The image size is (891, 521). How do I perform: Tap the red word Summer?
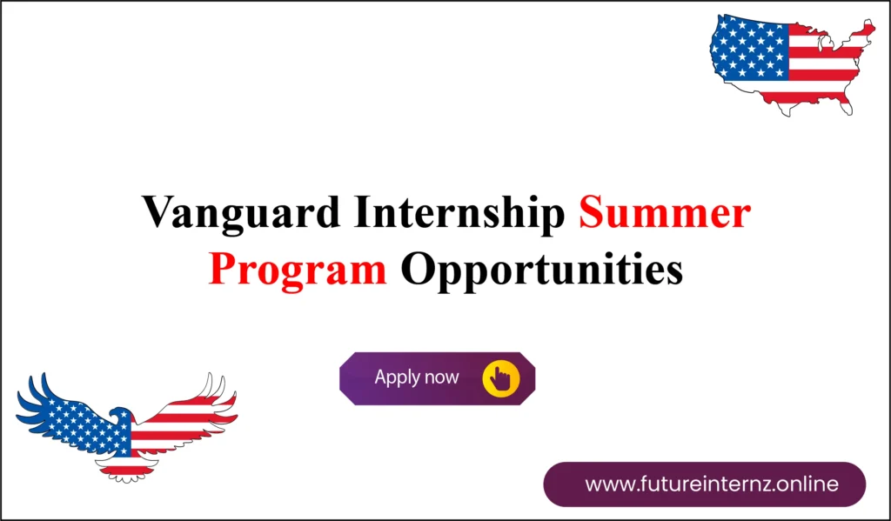point(664,214)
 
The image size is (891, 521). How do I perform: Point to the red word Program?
point(298,270)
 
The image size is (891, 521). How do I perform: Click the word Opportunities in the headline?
point(541,270)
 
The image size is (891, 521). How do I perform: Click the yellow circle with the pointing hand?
point(500,378)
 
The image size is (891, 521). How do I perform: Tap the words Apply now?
point(416,378)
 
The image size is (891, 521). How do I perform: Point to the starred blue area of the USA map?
point(749,48)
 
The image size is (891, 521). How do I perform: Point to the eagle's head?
point(120,415)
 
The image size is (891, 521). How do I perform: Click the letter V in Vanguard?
point(157,214)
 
